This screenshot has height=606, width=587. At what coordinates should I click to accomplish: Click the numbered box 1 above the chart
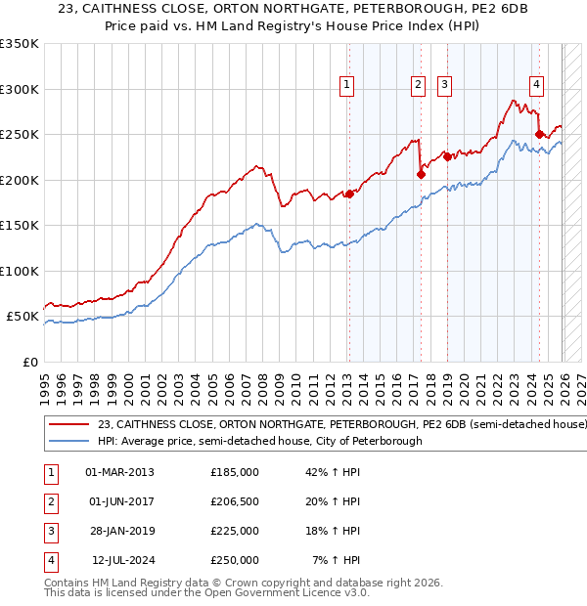[x=347, y=86]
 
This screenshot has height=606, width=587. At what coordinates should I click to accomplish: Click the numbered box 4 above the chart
[x=537, y=86]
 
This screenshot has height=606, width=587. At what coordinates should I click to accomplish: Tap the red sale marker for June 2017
[x=421, y=175]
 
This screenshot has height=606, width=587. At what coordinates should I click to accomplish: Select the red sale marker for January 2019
[x=447, y=156]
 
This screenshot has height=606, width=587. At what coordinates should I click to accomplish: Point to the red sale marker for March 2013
[x=349, y=194]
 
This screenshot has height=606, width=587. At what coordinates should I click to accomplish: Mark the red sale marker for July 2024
[x=539, y=134]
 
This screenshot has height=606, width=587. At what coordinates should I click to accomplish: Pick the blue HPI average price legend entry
[x=259, y=442]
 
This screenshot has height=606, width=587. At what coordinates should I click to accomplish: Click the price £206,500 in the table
[x=235, y=501]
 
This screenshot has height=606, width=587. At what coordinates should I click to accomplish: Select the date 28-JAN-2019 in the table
[x=120, y=531]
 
